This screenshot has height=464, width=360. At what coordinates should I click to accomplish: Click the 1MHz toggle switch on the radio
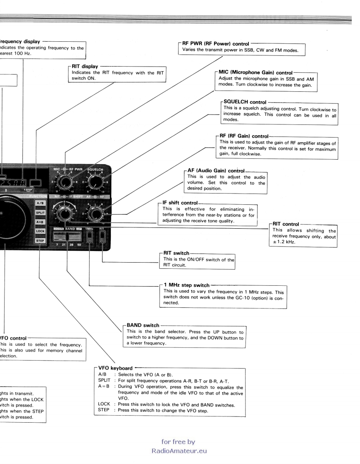pyautogui.click(x=89, y=237)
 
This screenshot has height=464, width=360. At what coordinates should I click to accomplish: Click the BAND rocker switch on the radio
pyautogui.click(x=67, y=237)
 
